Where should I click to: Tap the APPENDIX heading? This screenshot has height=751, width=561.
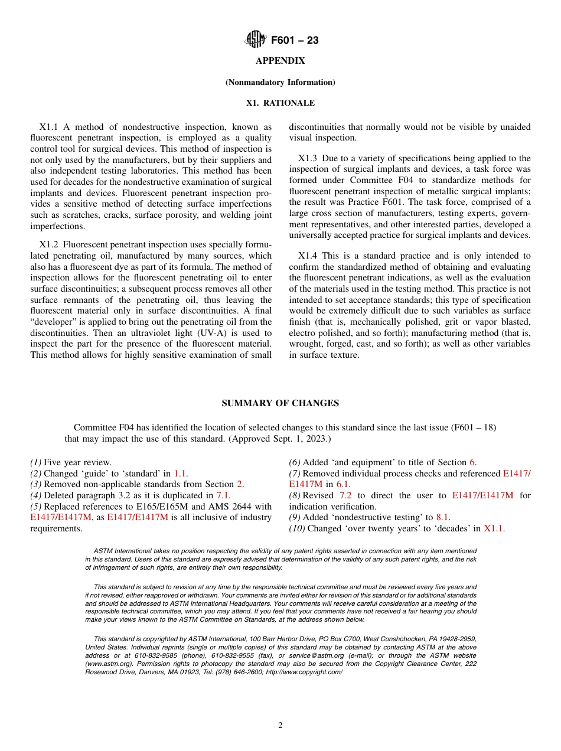(280, 61)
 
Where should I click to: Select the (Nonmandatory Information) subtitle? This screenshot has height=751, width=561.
(280, 82)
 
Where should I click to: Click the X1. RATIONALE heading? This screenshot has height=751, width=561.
(280, 103)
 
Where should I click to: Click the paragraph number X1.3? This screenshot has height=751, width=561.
(308, 158)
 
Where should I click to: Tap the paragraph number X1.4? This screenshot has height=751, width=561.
(308, 256)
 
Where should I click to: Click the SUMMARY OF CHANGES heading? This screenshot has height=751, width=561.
(280, 403)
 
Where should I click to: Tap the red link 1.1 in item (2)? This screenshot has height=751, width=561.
(180, 474)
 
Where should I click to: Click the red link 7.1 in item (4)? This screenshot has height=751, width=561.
(223, 495)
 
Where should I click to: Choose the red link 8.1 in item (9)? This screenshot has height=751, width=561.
(442, 517)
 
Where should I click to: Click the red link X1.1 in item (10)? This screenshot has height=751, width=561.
(493, 528)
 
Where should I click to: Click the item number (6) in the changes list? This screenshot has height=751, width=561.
(294, 463)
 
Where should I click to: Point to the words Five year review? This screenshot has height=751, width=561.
(77, 463)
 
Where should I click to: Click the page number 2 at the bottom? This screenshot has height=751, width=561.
(280, 726)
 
